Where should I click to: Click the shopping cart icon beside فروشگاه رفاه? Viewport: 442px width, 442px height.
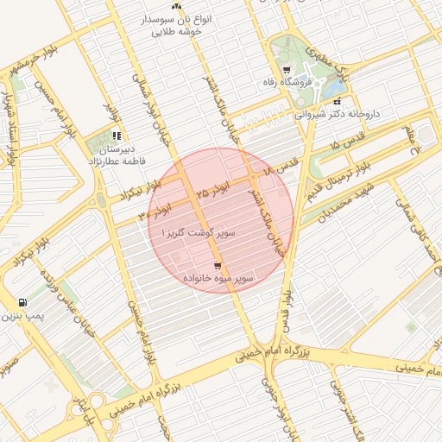[287, 70]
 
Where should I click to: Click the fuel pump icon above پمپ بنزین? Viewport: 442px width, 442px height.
[22, 303]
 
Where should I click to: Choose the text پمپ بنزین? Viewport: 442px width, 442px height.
[21, 317]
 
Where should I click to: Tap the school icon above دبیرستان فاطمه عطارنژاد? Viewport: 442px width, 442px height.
[117, 136]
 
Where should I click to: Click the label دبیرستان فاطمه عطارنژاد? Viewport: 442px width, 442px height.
[116, 155]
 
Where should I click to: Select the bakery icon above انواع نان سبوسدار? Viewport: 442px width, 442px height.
[177, 6]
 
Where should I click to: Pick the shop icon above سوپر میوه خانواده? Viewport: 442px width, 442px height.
[218, 265]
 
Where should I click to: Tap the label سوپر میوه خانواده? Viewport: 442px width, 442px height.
[218, 279]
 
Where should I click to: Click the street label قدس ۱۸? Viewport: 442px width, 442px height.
[282, 167]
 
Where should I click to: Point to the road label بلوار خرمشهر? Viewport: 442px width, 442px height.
[27, 61]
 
